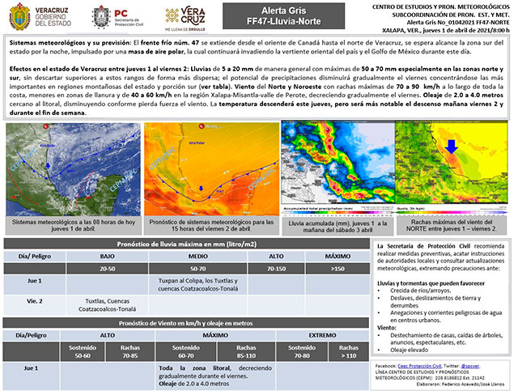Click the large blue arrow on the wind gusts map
pyautogui.click(x=452, y=146)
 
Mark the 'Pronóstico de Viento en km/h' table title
pyautogui.click(x=187, y=322)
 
